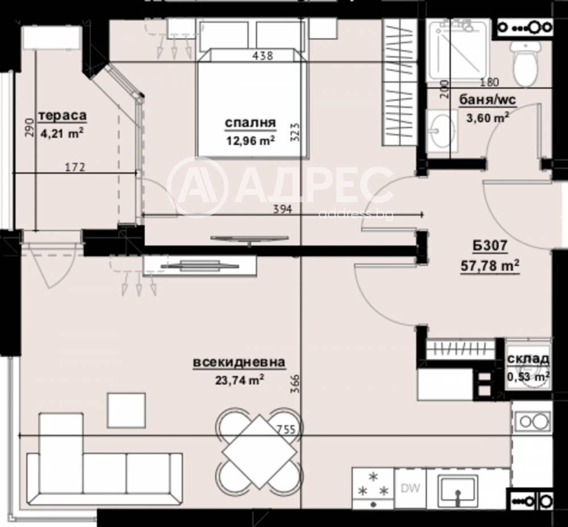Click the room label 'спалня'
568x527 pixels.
coord(250,122)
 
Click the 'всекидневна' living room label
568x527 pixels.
coord(239,363)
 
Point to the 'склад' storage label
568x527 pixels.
coord(528,359)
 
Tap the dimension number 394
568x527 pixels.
coord(282,209)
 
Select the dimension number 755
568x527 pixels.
coord(287,430)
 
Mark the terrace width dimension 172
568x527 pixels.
coord(74,167)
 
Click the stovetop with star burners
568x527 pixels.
coord(373,487)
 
